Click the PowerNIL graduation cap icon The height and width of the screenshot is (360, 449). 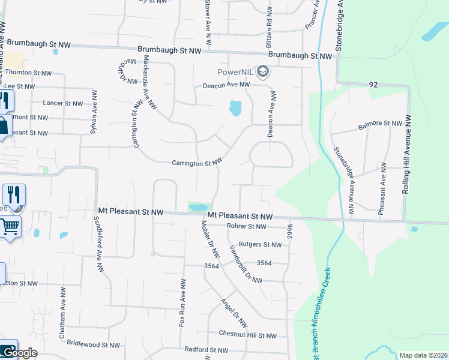262,72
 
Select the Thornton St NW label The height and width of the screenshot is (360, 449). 28,72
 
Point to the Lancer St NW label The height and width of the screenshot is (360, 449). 62,103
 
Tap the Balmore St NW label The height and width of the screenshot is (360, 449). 379,125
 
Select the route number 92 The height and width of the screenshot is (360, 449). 373,85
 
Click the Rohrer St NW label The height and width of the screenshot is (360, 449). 255,226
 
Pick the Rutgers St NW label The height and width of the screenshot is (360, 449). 259,245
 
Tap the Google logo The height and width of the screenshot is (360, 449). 19,353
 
